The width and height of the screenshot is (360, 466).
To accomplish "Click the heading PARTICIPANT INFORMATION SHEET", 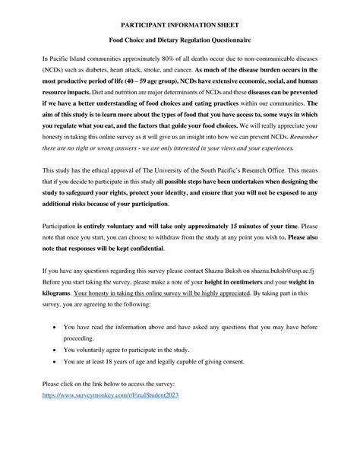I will pos(180,25).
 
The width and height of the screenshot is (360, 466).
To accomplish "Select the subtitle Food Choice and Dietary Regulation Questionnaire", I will pos(180,43).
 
